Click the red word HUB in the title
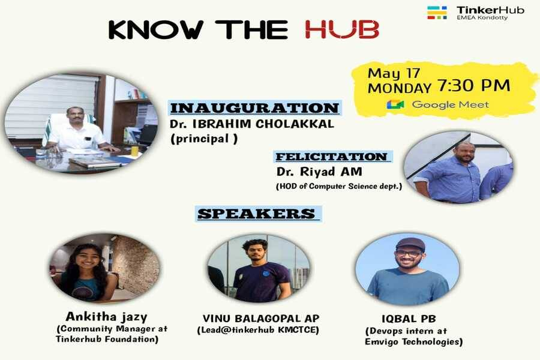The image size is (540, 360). click(342, 29)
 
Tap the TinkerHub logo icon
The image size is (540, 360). click(437, 13)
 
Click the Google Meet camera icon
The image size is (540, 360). click(395, 104)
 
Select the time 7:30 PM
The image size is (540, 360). click(473, 85)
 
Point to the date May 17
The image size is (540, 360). click(394, 73)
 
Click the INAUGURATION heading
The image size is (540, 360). click(255, 108)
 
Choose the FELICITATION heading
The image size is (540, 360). click(332, 157)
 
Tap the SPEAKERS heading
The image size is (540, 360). click(257, 214)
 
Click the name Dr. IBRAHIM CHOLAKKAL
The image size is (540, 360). click(252, 124)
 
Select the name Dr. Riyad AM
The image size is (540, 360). click(319, 172)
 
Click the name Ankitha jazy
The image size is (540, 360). click(106, 317)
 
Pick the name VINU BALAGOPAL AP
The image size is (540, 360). click(261, 319)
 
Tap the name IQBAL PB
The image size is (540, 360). click(409, 319)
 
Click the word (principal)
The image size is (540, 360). click(203, 139)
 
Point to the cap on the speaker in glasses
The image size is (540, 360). click(410, 244)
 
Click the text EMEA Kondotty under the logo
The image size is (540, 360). click(482, 17)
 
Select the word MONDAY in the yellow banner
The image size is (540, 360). click(400, 89)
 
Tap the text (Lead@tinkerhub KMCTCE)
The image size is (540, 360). click(258, 330)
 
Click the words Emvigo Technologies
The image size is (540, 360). click(413, 342)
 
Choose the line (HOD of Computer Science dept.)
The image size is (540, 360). click(339, 187)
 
